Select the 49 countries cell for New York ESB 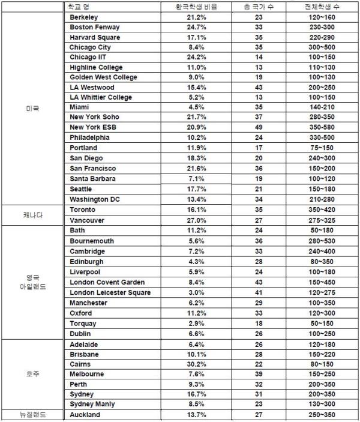tap(260, 128)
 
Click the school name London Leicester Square tap(110, 292)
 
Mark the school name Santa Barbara tap(92, 179)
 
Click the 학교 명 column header tap(83, 7)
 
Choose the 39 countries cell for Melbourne tap(260, 374)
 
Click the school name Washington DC tap(95, 199)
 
